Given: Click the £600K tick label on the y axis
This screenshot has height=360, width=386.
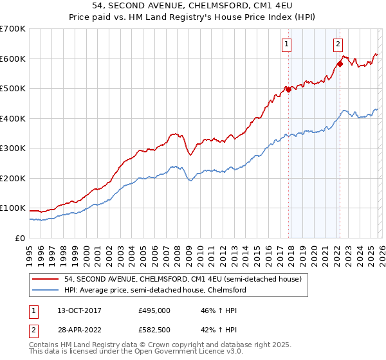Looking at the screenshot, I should point(12,59).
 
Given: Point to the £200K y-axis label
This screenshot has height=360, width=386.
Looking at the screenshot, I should point(12,178).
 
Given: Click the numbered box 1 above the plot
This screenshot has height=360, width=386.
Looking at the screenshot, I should point(286,44).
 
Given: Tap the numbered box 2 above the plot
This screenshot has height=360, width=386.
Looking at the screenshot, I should point(338,44).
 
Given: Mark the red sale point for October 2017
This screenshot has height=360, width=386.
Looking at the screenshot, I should point(288,90).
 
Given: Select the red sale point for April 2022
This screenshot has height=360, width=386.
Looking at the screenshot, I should point(340,64).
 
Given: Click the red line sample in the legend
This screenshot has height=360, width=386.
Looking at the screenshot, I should point(46,279).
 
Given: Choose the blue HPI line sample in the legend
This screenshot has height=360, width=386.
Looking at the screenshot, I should point(46,290).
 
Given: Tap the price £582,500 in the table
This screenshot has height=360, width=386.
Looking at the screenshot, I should point(154,330).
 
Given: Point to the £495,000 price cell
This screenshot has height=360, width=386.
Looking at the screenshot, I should point(154,310).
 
